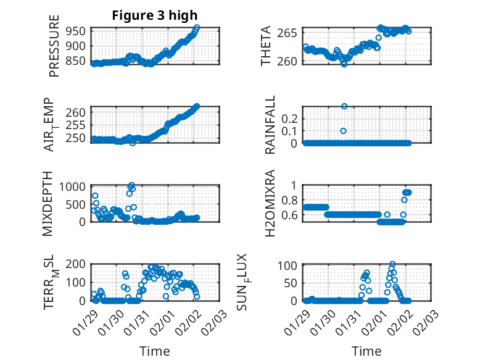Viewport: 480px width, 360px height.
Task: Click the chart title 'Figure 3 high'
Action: point(155,15)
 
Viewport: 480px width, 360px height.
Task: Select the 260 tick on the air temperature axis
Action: point(78,112)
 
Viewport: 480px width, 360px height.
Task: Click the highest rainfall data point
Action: point(344,106)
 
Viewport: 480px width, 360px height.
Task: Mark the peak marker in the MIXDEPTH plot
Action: point(131,185)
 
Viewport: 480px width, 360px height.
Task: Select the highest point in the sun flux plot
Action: point(392,264)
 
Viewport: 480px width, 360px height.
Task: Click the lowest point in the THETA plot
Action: point(344,64)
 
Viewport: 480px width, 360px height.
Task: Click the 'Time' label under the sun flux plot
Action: point(366,351)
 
